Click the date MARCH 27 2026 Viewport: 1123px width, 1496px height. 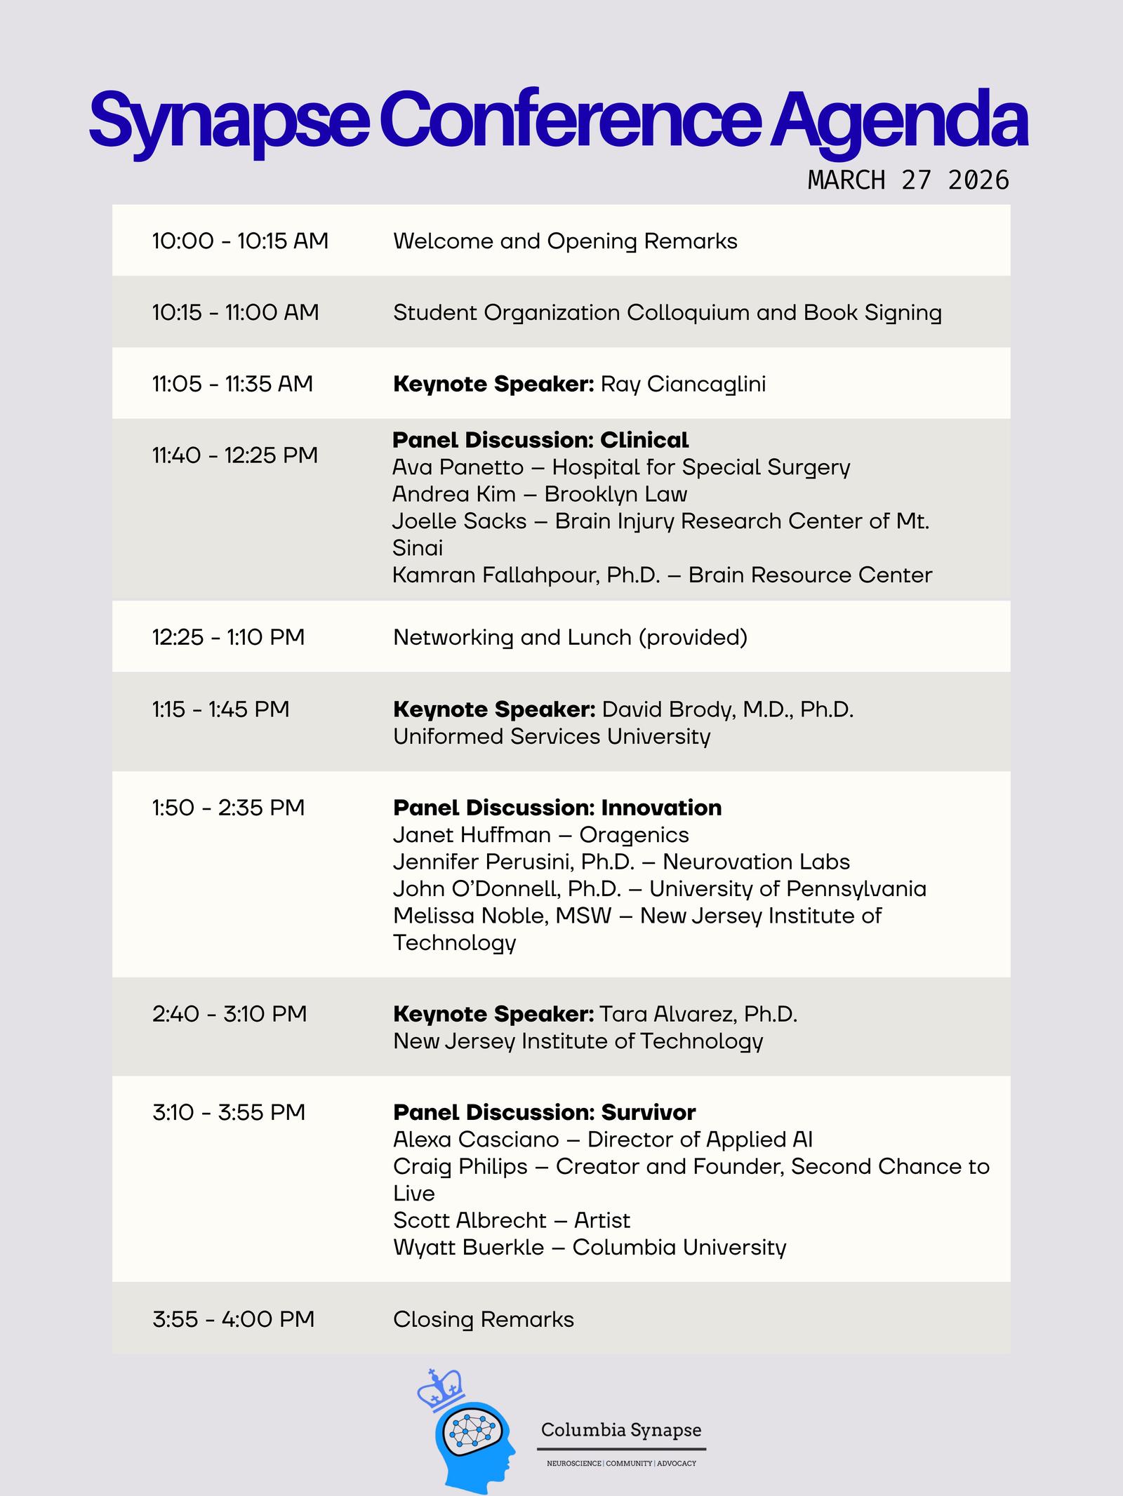point(908,180)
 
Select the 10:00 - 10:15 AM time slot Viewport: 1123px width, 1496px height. point(240,241)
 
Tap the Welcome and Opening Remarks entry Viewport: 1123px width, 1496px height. point(565,241)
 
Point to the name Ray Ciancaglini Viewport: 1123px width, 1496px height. point(683,385)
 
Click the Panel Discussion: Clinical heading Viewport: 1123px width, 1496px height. point(540,441)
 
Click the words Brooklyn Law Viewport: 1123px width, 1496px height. point(616,495)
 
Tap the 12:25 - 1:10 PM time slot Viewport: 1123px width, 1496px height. point(228,638)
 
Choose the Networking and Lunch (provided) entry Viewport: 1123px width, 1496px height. point(570,638)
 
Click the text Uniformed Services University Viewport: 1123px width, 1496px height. point(552,737)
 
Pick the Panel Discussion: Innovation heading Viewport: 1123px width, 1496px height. point(557,808)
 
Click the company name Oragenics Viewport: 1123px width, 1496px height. point(634,835)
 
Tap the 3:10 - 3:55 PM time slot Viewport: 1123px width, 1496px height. point(229,1113)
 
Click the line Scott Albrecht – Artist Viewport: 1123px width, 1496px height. point(512,1221)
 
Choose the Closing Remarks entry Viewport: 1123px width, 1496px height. point(484,1320)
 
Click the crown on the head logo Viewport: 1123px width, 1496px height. point(440,1389)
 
